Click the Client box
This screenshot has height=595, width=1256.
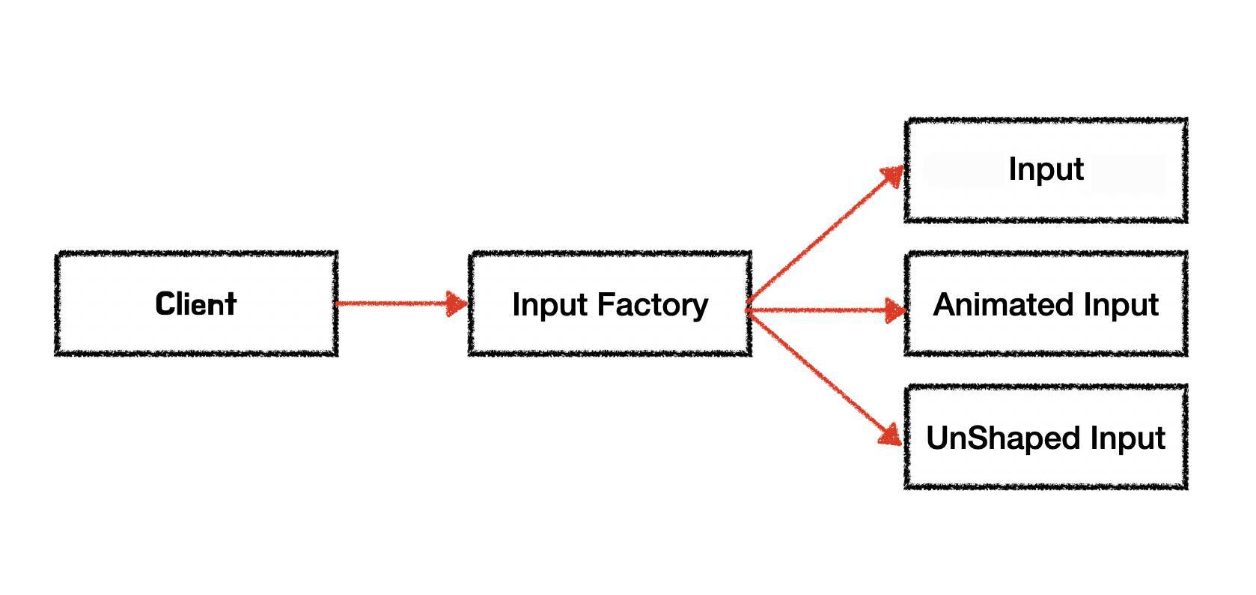coord(196,303)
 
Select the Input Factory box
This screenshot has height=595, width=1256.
coord(610,303)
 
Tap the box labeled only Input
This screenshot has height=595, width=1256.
coord(1046,170)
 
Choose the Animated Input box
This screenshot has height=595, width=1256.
coord(1046,303)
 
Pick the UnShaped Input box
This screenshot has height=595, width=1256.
coord(1046,438)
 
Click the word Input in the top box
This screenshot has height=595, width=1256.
coord(1046,169)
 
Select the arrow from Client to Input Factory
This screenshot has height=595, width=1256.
coord(393,303)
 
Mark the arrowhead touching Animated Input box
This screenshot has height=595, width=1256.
coord(894,309)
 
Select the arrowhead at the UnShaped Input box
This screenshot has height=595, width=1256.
coord(890,436)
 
